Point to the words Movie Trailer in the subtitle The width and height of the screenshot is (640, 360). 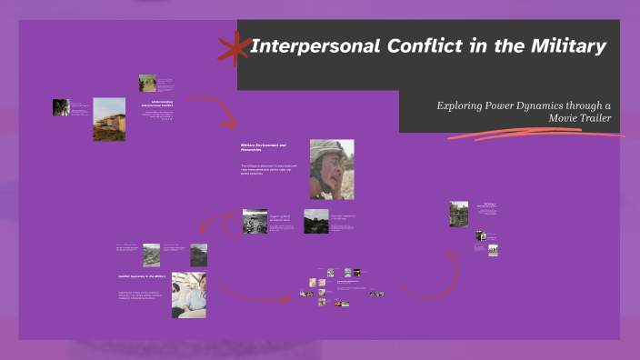pos(585,118)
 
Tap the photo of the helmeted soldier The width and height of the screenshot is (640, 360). pos(331,169)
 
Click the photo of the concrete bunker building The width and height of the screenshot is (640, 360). pos(109,119)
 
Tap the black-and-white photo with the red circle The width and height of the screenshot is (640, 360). pos(255,222)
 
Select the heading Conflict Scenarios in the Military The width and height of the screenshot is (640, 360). pos(141,276)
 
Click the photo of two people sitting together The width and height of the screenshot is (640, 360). pos(189,294)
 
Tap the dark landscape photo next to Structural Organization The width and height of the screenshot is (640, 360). pos(316,221)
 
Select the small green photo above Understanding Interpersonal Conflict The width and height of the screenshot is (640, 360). pos(147,84)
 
